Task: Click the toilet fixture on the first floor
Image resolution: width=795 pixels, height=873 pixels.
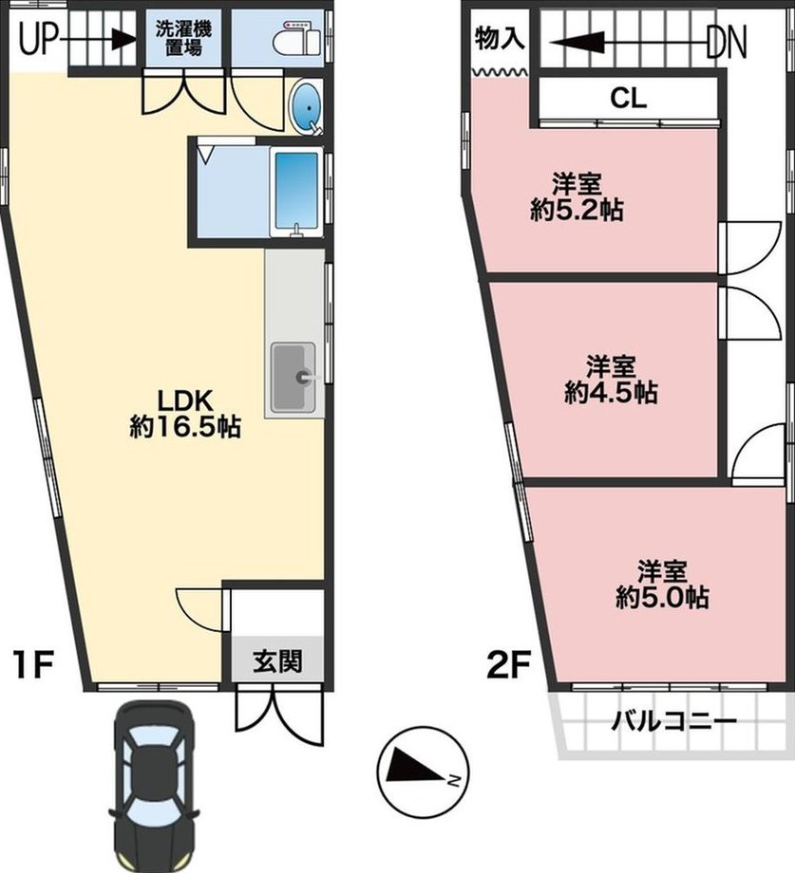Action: (297, 38)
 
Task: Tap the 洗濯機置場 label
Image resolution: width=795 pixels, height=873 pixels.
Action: (183, 38)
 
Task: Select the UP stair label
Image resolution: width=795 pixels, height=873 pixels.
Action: (39, 40)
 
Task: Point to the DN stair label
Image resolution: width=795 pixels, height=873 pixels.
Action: (727, 43)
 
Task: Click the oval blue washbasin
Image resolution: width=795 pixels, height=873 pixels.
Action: (307, 108)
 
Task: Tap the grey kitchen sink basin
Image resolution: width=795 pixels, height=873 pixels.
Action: (293, 377)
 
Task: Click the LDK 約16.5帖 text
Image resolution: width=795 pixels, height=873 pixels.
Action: (185, 414)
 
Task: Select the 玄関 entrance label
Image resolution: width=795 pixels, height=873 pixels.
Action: (277, 661)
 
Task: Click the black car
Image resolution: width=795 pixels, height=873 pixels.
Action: (154, 786)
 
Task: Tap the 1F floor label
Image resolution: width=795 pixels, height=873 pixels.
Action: (34, 665)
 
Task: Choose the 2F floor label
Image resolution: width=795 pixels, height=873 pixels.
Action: (508, 665)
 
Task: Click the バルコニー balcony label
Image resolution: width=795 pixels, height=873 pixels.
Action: (674, 722)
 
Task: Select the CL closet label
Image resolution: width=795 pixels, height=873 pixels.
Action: (629, 99)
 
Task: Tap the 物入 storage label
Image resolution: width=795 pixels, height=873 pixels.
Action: (500, 40)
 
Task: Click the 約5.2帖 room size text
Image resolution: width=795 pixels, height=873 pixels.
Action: (577, 210)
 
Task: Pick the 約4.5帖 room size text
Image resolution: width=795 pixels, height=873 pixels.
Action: (611, 392)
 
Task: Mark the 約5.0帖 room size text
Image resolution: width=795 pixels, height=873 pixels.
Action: (662, 597)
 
